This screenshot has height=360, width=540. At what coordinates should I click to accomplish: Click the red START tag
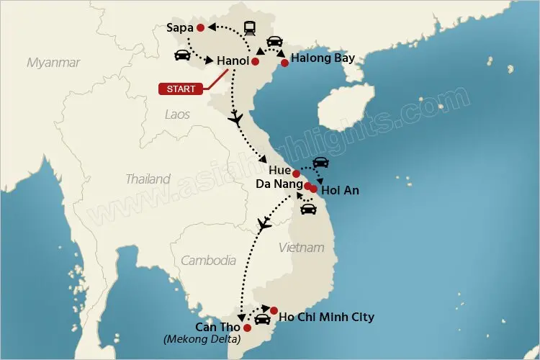[179, 89]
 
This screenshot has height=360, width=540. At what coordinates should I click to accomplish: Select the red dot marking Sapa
[199, 28]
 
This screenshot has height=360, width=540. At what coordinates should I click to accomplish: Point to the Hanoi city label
[233, 62]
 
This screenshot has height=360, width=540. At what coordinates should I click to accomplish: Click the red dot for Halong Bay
[284, 63]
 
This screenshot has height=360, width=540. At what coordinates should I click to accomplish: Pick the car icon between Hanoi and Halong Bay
[274, 42]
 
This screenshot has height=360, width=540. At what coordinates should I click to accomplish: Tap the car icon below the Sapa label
[182, 55]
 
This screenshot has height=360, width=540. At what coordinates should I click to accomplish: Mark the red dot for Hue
[296, 174]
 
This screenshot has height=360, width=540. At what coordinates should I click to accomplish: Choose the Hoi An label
[340, 191]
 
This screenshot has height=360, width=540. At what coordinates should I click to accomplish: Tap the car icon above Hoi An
[320, 163]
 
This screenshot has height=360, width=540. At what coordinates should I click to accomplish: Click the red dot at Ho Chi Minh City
[274, 310]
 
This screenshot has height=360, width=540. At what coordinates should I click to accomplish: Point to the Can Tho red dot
[247, 328]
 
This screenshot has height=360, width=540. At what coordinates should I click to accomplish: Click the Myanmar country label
[53, 63]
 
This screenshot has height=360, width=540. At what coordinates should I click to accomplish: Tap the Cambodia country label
[208, 261]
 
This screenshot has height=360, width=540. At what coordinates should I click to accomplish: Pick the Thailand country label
[148, 179]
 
